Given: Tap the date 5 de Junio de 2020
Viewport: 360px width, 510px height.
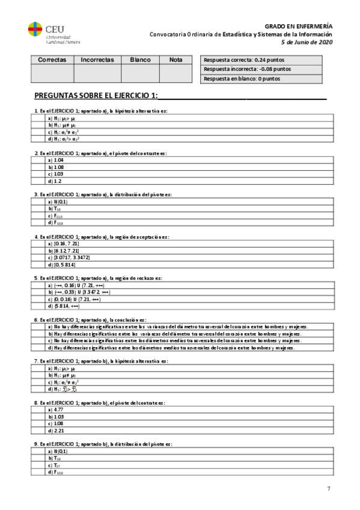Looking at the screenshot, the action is click(x=307, y=42).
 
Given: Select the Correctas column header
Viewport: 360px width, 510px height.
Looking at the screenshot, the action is click(x=52, y=60).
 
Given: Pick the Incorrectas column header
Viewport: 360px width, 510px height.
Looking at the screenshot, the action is click(x=97, y=60).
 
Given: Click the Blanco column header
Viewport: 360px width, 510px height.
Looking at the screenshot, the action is click(x=140, y=60).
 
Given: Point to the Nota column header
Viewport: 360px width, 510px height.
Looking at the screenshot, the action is click(x=175, y=60).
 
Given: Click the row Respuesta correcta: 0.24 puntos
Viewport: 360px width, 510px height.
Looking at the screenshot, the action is click(x=262, y=60).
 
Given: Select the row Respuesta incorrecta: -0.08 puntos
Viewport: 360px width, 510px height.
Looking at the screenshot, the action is click(x=262, y=69).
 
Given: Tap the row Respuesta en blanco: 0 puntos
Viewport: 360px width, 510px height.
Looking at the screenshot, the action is click(x=262, y=79).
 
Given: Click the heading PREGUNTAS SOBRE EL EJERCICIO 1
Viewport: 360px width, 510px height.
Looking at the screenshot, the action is click(x=96, y=96).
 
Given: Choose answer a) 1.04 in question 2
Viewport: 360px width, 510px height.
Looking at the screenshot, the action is click(x=55, y=161).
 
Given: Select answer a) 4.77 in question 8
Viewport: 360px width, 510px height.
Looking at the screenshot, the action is click(x=55, y=409).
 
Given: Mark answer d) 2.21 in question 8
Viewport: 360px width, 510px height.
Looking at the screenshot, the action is click(x=55, y=429).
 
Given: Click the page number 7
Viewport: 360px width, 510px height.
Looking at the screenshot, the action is click(x=328, y=488).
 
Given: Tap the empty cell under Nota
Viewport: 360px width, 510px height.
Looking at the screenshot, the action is click(x=175, y=73).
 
